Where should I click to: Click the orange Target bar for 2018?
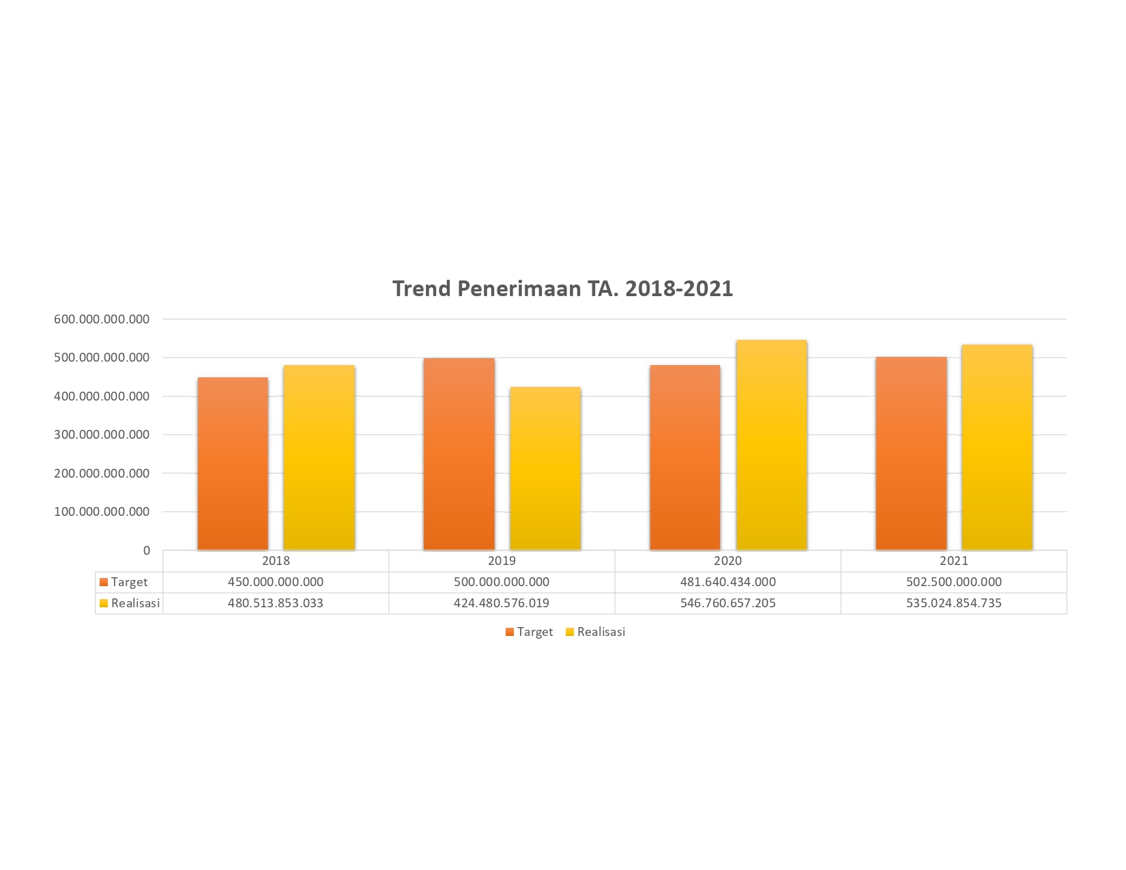233,464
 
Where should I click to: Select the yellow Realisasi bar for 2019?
545,469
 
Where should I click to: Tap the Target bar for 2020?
684,458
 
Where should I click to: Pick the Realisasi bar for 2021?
996,448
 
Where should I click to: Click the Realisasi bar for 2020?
771,445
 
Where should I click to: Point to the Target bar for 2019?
459,454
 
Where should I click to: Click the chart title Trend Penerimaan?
562,289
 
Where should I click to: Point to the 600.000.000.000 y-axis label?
102,319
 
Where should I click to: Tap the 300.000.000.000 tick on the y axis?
102,435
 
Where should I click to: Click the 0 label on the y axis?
146,551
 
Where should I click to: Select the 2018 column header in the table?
276,561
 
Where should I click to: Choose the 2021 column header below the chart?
953,561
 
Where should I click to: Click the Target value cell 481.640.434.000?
727,582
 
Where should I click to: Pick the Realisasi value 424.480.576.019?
502,603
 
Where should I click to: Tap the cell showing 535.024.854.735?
953,603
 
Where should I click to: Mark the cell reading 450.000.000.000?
276,582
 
